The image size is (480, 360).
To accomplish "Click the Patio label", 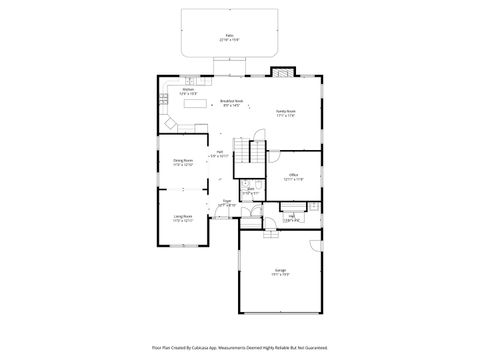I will tap(230, 36).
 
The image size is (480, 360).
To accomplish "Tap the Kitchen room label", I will tap(187, 90).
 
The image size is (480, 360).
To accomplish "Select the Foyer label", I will tap(227, 203).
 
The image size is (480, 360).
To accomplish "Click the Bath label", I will tap(250, 189).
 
